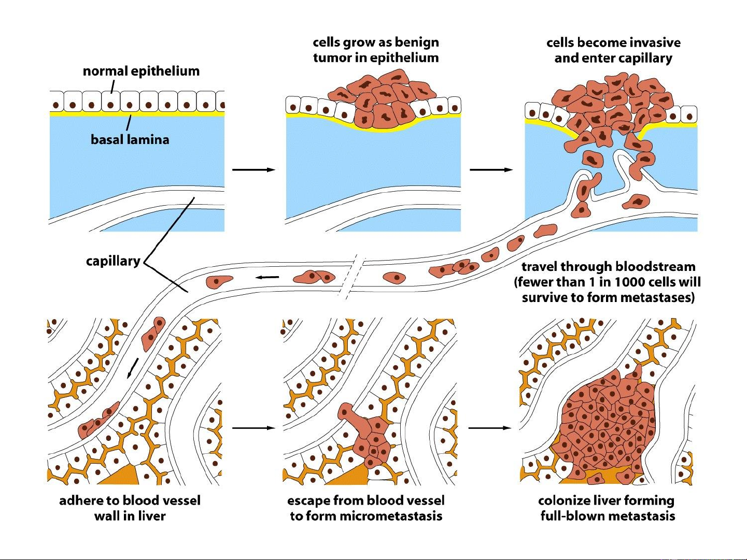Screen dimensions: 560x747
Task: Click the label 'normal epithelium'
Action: pos(141,71)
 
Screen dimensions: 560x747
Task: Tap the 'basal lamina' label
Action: pos(130,139)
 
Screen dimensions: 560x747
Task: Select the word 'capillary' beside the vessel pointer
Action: pos(113,261)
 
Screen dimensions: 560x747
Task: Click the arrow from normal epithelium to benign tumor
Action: pos(253,169)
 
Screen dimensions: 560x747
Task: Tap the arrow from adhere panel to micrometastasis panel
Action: pos(253,428)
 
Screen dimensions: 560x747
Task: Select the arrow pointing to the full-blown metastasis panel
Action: pos(489,428)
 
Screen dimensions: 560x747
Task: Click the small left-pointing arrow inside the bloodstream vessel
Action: pos(267,277)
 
